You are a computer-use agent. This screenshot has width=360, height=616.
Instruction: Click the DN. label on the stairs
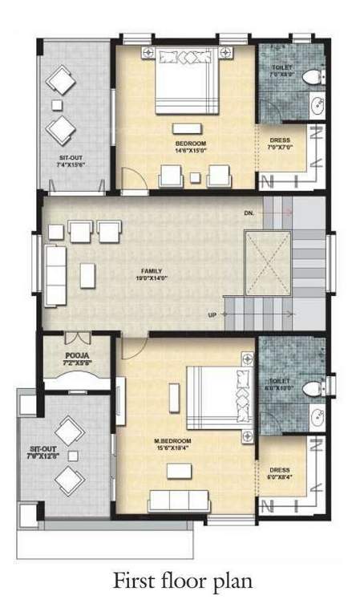click(249, 214)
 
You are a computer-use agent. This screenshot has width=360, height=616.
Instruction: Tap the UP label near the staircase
click(212, 314)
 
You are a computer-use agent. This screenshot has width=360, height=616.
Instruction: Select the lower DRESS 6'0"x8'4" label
click(280, 472)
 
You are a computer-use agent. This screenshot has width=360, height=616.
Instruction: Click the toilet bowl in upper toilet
click(314, 76)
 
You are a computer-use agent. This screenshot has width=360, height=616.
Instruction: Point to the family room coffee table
click(87, 274)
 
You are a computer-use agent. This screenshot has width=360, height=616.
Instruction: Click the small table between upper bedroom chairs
click(195, 177)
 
